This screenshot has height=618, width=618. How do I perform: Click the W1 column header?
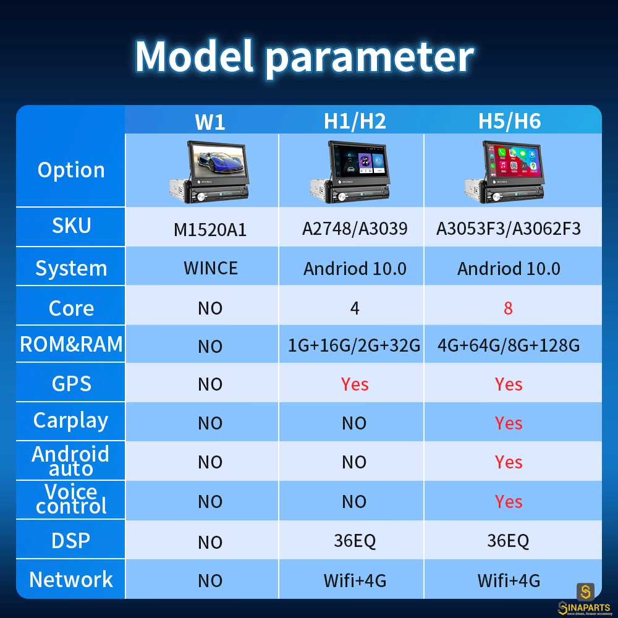210,122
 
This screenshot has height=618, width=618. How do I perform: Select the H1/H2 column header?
355,121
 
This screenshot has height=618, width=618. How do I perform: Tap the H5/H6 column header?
509,121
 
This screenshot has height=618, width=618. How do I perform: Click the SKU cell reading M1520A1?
210,230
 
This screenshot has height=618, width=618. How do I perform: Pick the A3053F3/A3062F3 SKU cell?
509,229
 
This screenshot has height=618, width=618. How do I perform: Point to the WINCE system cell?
211,268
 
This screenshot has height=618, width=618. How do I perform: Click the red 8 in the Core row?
508,308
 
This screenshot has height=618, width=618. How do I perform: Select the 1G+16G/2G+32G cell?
354,345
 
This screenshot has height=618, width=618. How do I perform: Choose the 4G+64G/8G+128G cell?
509,345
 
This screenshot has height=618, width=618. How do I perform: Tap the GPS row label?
71,384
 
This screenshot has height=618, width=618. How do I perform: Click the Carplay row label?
70,420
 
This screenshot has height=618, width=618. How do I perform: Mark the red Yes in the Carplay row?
509,423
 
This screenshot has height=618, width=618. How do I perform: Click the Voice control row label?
71,499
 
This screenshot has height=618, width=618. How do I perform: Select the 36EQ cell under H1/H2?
355,541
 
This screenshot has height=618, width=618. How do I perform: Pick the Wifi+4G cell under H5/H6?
509,580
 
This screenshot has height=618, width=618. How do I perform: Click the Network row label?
71,580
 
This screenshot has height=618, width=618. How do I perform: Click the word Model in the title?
194,56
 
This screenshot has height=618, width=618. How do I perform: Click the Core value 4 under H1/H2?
355,308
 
